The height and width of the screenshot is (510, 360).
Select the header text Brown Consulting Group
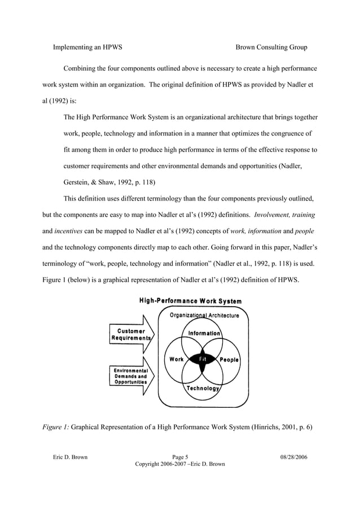pyautogui.click(x=271, y=47)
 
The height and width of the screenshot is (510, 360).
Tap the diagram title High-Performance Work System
pyautogui.click(x=190, y=301)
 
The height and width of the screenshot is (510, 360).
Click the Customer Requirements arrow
pyautogui.click(x=131, y=335)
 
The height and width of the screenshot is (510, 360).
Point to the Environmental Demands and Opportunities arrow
pyautogui.click(x=131, y=376)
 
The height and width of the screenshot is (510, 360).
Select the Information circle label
pyautogui.click(x=204, y=333)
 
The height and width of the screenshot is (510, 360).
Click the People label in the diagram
pyautogui.click(x=229, y=360)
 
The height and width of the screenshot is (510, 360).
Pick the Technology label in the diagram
pyautogui.click(x=203, y=389)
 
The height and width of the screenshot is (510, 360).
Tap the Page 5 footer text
pyautogui.click(x=180, y=456)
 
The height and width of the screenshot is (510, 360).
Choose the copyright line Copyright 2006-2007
pyautogui.click(x=180, y=464)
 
